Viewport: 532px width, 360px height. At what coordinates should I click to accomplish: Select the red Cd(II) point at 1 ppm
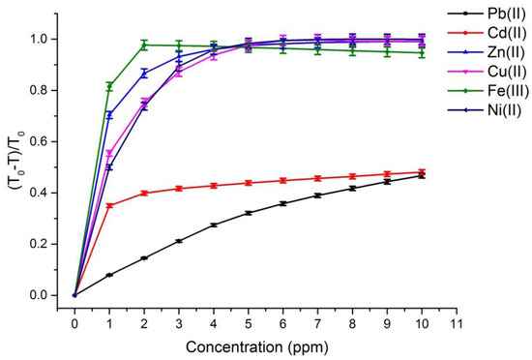click(109, 205)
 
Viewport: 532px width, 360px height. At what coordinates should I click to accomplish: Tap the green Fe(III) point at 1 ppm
click(109, 86)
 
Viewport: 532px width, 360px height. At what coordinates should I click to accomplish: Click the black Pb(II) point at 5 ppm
click(249, 213)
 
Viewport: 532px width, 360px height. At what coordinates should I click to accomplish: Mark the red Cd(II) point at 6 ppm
click(283, 180)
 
